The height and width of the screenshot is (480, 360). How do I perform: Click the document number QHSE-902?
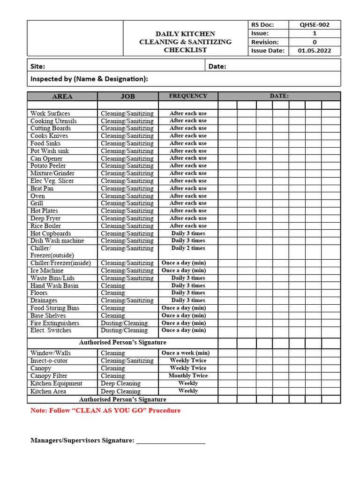pos(315,25)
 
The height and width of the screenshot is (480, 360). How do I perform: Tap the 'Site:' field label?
pos(38,67)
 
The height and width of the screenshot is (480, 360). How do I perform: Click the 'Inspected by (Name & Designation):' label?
pos(89,79)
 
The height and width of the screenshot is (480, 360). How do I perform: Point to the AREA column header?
pos(62,96)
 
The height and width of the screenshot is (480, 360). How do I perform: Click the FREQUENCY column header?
pos(188,96)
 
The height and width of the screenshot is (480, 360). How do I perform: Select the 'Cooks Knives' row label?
pos(49,136)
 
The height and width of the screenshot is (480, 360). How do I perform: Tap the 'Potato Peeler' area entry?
pos(48,166)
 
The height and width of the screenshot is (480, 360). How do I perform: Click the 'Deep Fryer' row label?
pos(45,218)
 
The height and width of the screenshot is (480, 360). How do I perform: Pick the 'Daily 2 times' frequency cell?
pos(188,248)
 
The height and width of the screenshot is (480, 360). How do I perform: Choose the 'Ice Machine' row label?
pos(47,270)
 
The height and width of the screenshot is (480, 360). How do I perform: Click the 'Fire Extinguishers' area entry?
pos(55,323)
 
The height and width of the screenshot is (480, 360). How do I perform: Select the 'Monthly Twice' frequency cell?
pos(188,375)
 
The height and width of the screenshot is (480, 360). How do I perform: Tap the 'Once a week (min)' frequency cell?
pos(186,353)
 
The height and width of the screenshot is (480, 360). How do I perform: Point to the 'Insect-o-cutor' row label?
pos(49,360)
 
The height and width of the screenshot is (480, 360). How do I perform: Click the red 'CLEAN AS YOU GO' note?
pos(105,411)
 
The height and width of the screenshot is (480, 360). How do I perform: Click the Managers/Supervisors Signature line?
pos(171,441)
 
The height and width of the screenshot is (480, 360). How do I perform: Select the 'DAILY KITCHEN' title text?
pos(185,34)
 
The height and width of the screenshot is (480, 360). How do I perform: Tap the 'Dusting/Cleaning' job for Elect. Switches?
pos(124,330)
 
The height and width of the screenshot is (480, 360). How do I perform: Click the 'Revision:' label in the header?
pos(265,42)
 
